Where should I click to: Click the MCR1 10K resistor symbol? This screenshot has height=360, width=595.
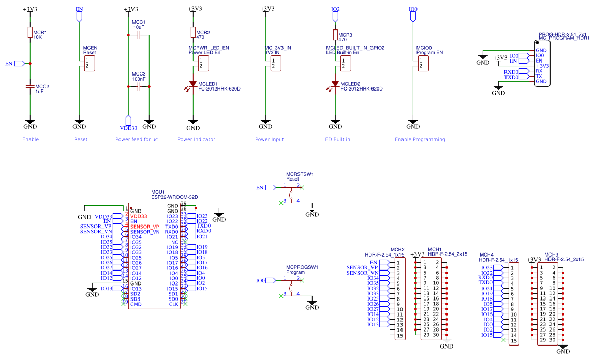click(x=30, y=33)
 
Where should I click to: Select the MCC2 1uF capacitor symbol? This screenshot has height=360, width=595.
click(x=30, y=87)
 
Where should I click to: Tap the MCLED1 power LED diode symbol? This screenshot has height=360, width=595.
click(x=193, y=84)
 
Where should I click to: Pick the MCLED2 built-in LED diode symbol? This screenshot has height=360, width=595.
click(x=335, y=84)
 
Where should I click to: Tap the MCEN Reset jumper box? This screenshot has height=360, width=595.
click(x=90, y=64)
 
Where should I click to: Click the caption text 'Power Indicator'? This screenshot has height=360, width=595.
click(x=196, y=139)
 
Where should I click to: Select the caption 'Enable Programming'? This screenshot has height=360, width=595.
click(x=420, y=139)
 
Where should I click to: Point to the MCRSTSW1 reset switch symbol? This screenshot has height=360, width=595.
click(x=291, y=194)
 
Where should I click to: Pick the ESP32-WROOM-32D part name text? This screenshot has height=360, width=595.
click(x=174, y=197)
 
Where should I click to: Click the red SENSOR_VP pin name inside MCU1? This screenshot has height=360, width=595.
click(x=144, y=227)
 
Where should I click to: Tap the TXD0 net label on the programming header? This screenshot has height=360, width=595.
click(x=512, y=77)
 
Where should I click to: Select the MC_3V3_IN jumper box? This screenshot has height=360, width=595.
click(x=276, y=64)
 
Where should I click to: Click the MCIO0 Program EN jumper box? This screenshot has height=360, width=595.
click(x=423, y=64)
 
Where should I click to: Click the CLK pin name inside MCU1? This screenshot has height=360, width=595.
click(x=174, y=304)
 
